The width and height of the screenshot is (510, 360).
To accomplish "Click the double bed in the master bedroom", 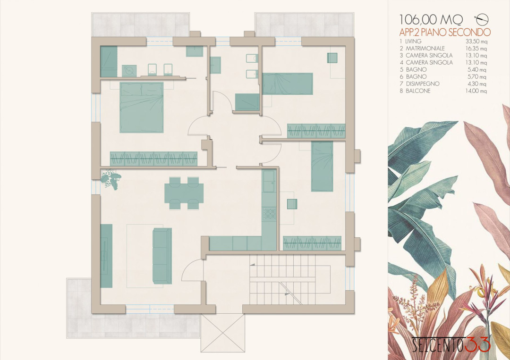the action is point(142,108).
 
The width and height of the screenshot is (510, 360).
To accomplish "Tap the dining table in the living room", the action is point(184,193).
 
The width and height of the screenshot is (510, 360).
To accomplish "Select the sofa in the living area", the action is point(162,256).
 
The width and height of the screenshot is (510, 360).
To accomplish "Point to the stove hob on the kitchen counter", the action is point(270,213).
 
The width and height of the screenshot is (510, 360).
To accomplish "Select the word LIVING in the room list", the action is point(413,41).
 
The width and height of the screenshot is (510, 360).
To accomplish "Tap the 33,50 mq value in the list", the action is point(476,42).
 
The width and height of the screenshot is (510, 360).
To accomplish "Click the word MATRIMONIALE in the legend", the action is point(425,49).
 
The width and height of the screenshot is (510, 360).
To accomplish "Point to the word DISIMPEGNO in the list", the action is point(423,84).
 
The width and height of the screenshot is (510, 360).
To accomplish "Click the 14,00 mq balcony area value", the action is point(476,91).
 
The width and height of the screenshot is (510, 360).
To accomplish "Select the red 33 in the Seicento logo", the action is point(477,344).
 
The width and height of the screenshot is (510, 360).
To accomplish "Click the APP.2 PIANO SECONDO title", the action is point(445,32).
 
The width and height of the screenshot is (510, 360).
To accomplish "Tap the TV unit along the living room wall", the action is point(106,256).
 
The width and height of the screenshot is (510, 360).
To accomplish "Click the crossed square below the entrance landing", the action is point(223,333).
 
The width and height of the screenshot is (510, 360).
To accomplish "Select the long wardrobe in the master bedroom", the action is point(153,159).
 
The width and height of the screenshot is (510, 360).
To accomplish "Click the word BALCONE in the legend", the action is point(418,91).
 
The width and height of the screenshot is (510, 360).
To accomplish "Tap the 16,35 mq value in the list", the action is point(476,49).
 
